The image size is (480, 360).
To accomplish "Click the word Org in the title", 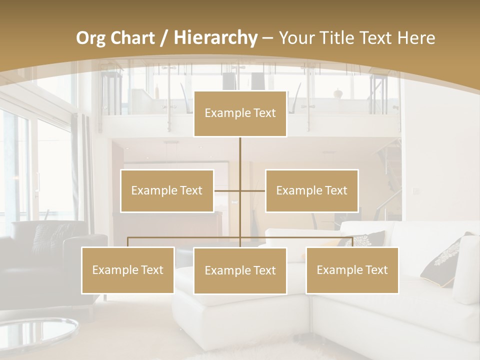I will point(90,38).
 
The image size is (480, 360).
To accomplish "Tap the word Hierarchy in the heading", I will point(215,38).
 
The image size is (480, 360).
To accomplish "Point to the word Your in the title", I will point(299,38).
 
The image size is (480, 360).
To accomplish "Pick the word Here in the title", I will point(416,38).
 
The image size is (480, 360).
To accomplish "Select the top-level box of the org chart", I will point(240,114).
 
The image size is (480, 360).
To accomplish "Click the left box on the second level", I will point(167,190).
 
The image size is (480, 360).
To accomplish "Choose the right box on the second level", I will point(311,190).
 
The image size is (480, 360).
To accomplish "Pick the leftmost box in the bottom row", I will point(128,270).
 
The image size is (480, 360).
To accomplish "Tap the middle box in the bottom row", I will point(240,270).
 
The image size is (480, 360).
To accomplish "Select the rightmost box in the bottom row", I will point(352,270).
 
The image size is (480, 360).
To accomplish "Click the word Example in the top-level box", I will point(222,113).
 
